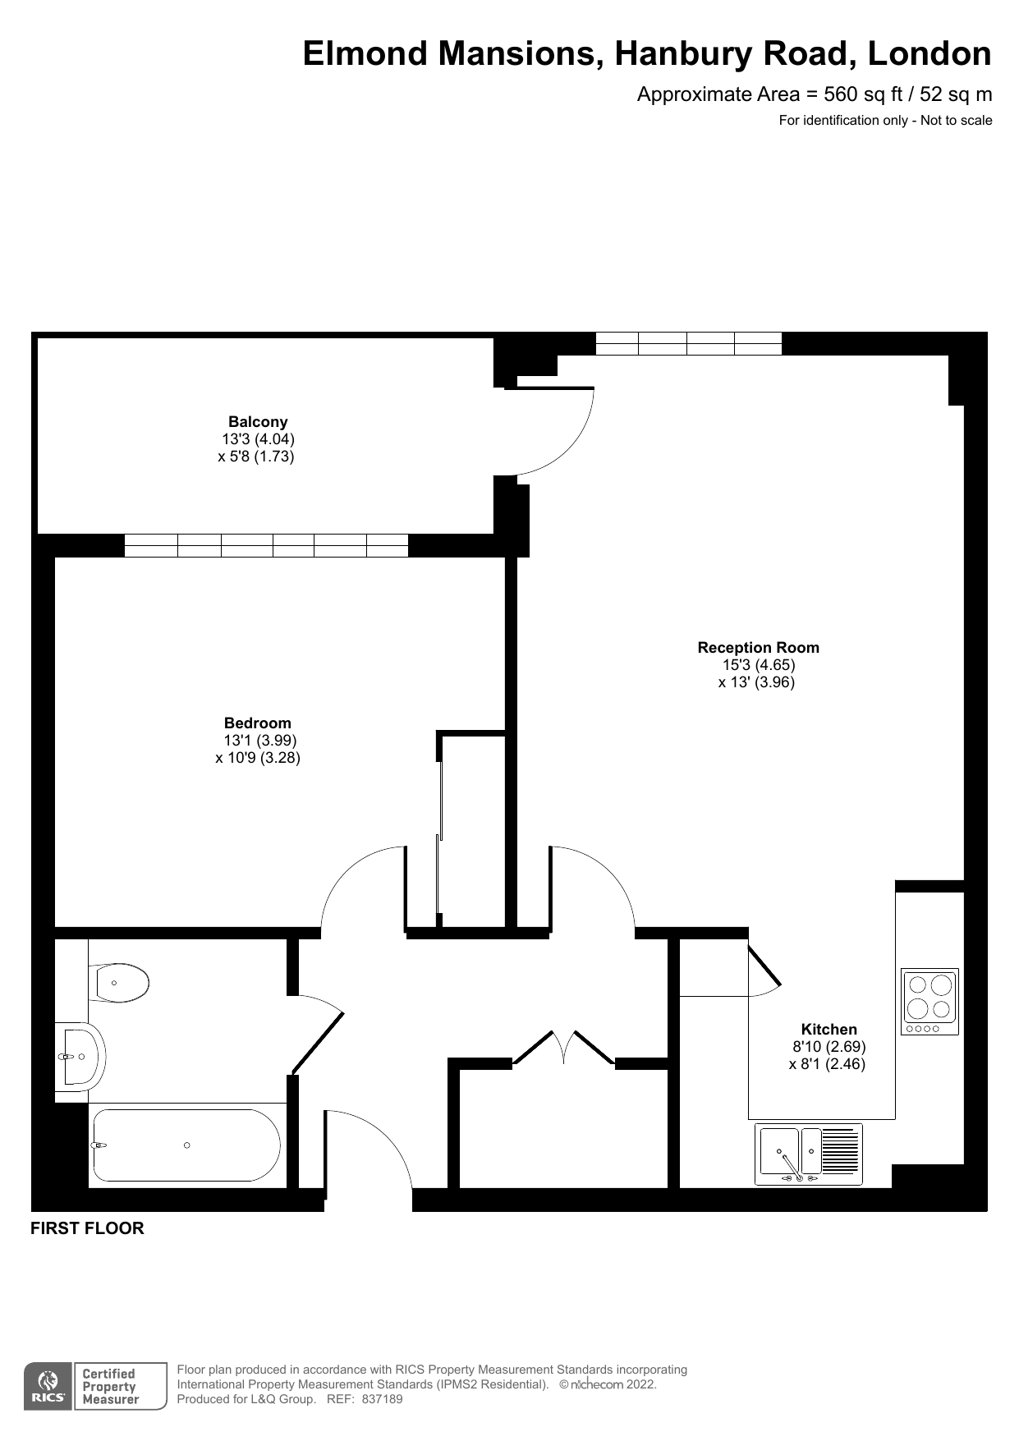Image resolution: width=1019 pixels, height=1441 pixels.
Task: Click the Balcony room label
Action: coord(258,422)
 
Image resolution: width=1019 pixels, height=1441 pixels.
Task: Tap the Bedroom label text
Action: coord(258,723)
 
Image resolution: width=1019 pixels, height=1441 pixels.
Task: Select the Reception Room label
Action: coord(758,648)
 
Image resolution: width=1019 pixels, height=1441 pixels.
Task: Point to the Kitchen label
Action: coord(829,1030)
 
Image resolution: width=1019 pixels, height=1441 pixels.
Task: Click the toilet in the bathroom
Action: coord(121,983)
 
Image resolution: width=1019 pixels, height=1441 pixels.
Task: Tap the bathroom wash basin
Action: coord(83,1056)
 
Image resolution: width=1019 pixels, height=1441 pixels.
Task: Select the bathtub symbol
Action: coord(186,1145)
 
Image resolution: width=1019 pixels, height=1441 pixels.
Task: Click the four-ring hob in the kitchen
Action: coord(929,1001)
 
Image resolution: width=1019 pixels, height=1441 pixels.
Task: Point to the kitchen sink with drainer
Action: coord(809,1154)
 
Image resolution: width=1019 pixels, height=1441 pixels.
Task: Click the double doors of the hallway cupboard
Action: coord(563,1047)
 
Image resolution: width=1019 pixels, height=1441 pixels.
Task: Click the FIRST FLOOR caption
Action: coord(87,1228)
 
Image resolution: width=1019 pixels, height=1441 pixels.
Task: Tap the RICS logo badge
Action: coord(48,1387)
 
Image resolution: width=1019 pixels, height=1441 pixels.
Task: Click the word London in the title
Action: coord(929,54)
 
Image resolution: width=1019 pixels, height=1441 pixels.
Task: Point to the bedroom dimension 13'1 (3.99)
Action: coord(260,741)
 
